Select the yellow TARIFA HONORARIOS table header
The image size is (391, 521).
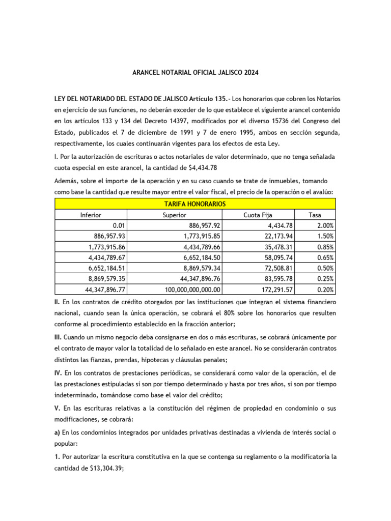195,204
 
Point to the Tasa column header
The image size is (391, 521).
315,215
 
